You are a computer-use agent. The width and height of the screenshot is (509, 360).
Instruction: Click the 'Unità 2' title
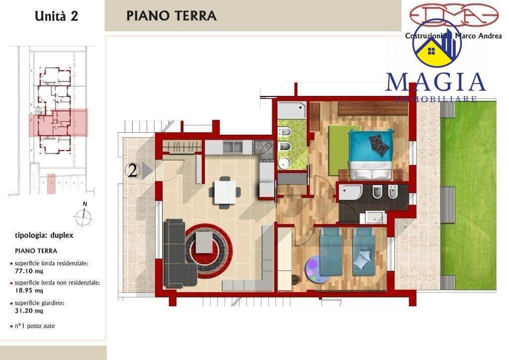click(x=56, y=15)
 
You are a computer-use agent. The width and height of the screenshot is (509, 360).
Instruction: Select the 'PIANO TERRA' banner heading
click(x=171, y=15)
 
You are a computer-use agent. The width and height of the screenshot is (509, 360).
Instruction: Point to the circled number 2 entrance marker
click(x=132, y=171)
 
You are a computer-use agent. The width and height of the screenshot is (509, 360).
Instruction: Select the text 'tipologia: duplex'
click(x=44, y=235)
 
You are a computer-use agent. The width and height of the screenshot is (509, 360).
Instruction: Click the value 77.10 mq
click(x=29, y=271)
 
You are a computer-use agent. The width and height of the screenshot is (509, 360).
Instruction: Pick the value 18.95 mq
click(x=29, y=291)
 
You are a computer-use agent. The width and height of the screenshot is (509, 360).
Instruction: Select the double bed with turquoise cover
click(x=370, y=154)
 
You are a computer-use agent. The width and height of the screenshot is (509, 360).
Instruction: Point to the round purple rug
click(x=310, y=269)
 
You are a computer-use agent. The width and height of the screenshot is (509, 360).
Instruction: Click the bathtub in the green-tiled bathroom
click(x=291, y=110)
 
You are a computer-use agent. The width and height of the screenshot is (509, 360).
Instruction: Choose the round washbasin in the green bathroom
click(x=285, y=163)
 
